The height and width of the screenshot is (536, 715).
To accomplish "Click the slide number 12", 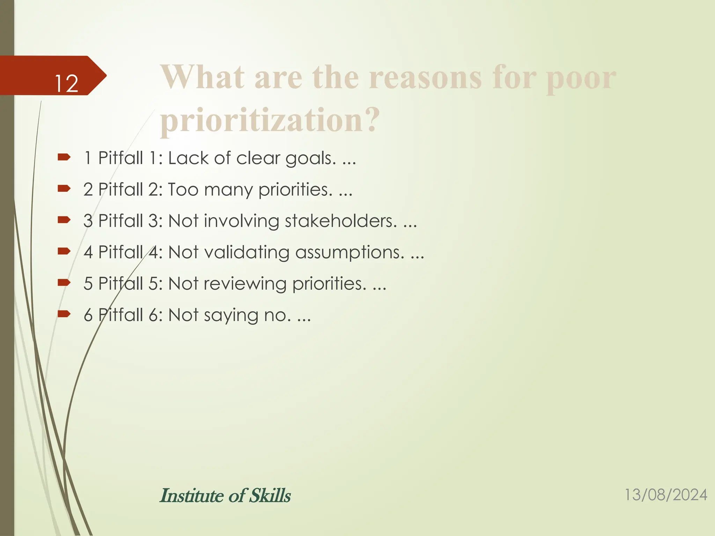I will tap(66, 84).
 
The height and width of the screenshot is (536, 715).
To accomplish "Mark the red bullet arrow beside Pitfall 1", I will tap(64, 158).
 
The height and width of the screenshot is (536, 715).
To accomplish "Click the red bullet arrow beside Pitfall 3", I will tap(64, 220).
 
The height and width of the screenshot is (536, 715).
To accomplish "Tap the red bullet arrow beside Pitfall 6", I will tap(64, 314).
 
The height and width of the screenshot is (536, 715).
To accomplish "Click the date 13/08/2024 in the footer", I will tap(665, 495).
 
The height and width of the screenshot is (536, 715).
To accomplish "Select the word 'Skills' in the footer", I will tap(270, 496).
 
